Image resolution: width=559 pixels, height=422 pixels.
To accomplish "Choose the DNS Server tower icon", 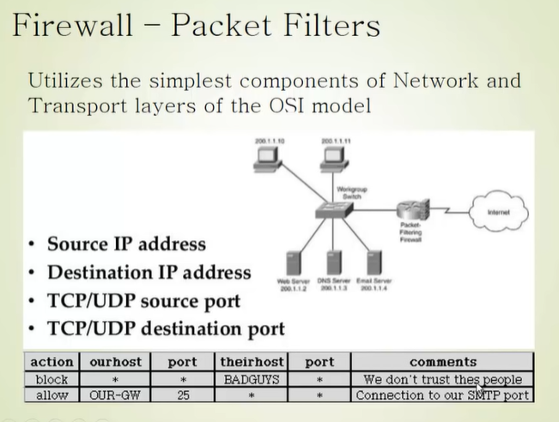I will pos(329,262).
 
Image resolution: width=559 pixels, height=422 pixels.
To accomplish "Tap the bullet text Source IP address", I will pos(126,244).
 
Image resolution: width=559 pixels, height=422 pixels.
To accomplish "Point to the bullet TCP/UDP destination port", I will pos(166,328).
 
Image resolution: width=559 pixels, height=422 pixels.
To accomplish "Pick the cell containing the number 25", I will pos(181,395).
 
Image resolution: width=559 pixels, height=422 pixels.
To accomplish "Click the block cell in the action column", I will pos(52,378).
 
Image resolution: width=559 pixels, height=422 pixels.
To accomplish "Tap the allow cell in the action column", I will pos(52,395).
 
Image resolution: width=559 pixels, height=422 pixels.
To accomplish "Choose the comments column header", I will pos(442,362).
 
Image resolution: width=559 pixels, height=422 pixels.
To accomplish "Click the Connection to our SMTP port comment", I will pos(442,395).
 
